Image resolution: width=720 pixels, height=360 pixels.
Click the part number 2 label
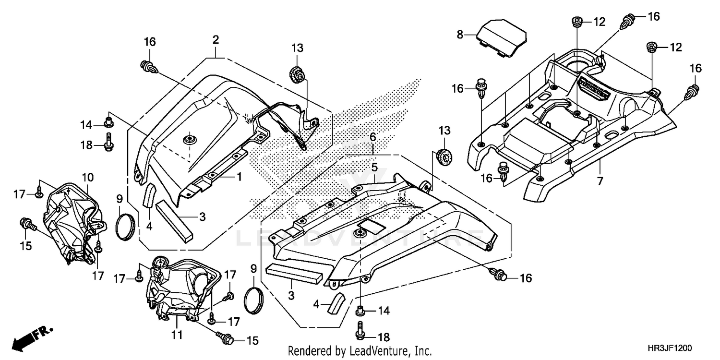[216, 40]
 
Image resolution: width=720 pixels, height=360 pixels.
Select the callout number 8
[460, 34]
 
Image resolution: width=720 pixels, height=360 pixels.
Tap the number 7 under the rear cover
[600, 181]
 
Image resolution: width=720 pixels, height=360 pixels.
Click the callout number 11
[177, 335]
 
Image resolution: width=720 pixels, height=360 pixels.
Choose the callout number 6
[373, 137]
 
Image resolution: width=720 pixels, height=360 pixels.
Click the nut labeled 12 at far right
[652, 47]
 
